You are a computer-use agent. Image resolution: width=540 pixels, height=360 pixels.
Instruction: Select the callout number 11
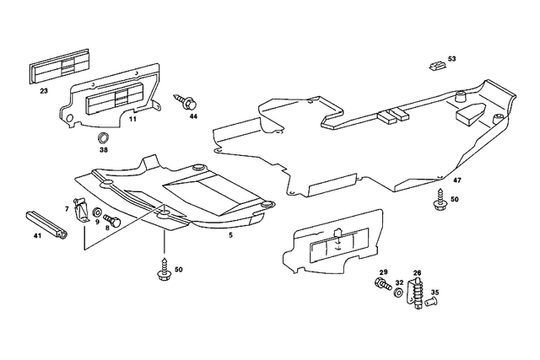(132, 121)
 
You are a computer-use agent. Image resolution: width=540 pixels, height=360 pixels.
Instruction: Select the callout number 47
(456, 180)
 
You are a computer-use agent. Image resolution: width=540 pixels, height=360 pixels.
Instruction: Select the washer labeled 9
(98, 211)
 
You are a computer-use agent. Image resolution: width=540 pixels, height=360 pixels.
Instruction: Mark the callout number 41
(37, 236)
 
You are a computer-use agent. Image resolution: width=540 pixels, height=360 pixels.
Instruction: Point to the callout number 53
(451, 58)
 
